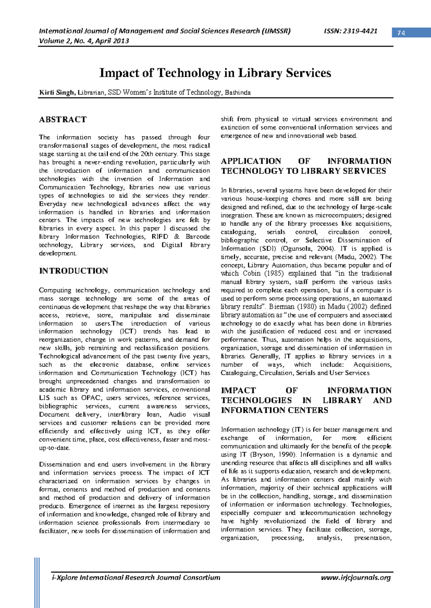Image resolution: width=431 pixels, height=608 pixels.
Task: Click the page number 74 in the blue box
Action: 401,33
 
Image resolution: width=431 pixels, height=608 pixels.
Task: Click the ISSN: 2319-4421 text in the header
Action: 351,31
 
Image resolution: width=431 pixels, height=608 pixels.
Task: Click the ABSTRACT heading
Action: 63,119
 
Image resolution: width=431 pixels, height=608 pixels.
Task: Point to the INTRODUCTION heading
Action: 74,271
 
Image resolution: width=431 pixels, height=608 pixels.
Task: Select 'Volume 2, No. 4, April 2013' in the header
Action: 84,41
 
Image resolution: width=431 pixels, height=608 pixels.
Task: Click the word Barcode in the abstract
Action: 198,237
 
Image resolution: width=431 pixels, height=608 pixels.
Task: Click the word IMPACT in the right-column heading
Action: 238,390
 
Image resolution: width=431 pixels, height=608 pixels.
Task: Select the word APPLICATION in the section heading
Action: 251,161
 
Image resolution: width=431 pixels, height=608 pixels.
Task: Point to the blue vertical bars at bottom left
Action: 37,582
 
